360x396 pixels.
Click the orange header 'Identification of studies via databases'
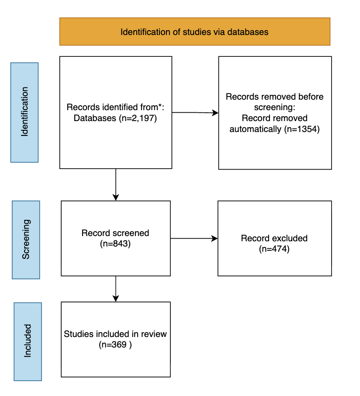point(194,31)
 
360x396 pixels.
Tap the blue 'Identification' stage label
point(24,112)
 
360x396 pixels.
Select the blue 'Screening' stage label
point(26,240)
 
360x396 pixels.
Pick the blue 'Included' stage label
point(28,341)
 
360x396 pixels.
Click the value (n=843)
point(115,244)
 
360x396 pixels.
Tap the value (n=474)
point(274,249)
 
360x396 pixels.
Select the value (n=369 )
point(115,345)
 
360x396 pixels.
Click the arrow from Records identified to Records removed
point(195,113)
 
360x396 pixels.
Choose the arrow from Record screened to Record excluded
point(194,239)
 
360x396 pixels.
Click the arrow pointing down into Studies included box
point(116,288)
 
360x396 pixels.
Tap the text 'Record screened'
point(115,233)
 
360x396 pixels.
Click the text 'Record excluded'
point(274,239)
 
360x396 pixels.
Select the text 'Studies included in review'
point(115,334)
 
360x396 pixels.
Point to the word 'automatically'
point(256,129)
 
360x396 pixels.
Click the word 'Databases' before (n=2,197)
point(95,118)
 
